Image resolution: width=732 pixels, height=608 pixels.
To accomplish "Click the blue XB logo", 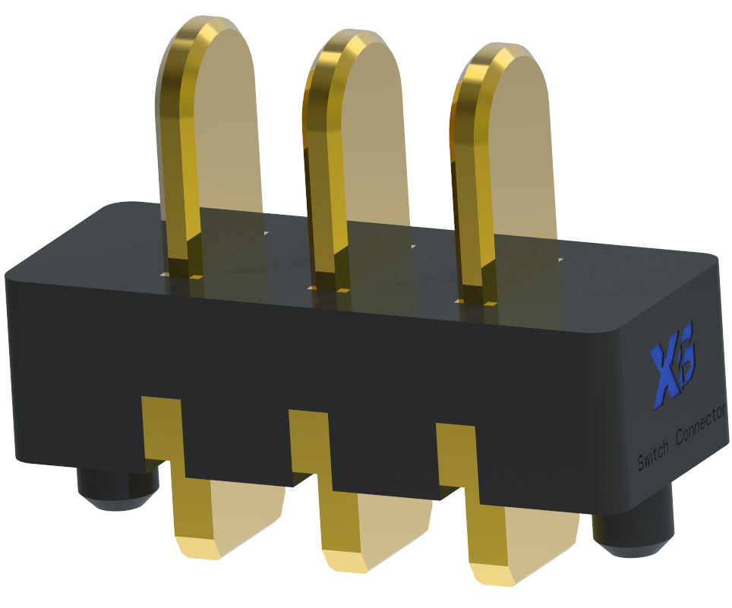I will pos(672,371).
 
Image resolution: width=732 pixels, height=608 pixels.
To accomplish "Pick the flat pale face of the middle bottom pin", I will pos(395,524).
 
